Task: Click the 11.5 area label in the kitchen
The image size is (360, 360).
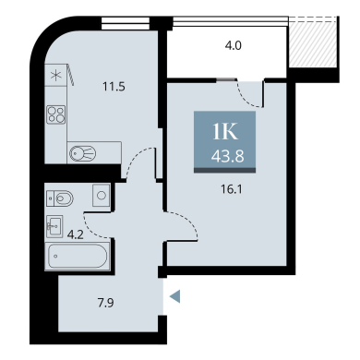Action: pos(114,87)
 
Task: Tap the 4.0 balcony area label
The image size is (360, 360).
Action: pos(233,45)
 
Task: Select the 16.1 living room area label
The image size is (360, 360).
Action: pos(232,189)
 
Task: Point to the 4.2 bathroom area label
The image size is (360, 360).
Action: pos(75,234)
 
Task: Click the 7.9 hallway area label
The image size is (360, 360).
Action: pos(105,303)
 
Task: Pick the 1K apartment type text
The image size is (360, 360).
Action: pos(225,132)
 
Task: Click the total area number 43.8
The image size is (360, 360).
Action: pos(227,156)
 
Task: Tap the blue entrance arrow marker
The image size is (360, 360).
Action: pos(174,296)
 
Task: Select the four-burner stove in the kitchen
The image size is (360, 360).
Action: pos(55,114)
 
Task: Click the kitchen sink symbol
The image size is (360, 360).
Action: pos(83,152)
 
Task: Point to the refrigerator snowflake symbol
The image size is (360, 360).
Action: pos(55,75)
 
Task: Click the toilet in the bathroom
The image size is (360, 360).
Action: pos(60,198)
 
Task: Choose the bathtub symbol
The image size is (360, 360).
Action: pos(78,256)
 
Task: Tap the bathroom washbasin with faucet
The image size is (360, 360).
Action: pos(54,226)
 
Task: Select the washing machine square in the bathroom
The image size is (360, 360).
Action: pos(102,195)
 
